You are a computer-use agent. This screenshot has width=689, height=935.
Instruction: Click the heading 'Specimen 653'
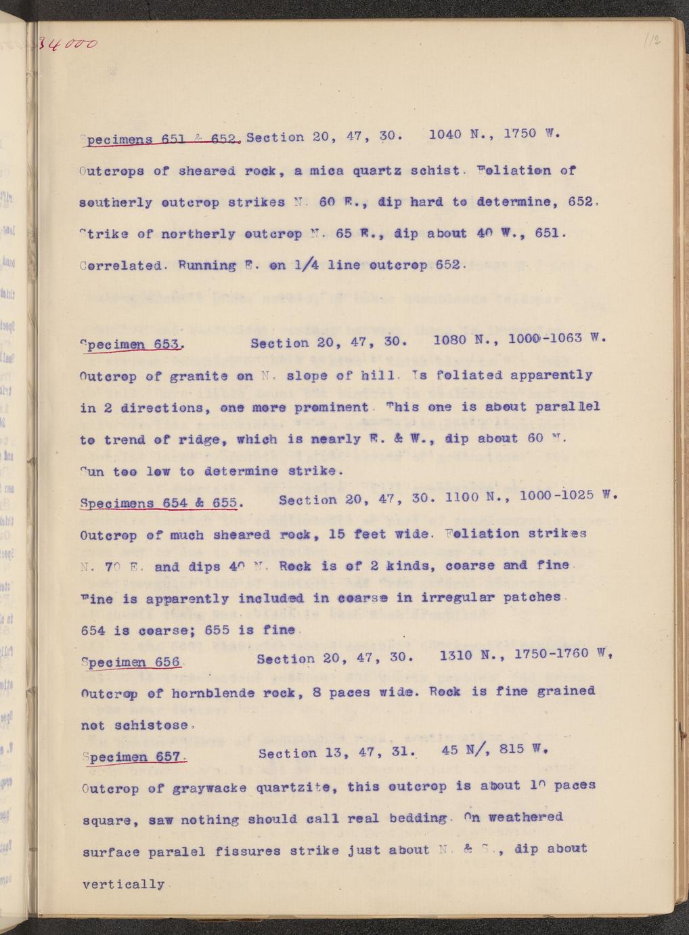(x=131, y=344)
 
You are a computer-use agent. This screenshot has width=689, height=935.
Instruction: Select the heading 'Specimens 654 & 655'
(x=159, y=503)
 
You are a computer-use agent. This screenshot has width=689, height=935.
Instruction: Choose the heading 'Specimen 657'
(x=133, y=757)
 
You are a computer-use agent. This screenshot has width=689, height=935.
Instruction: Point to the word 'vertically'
(x=123, y=884)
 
